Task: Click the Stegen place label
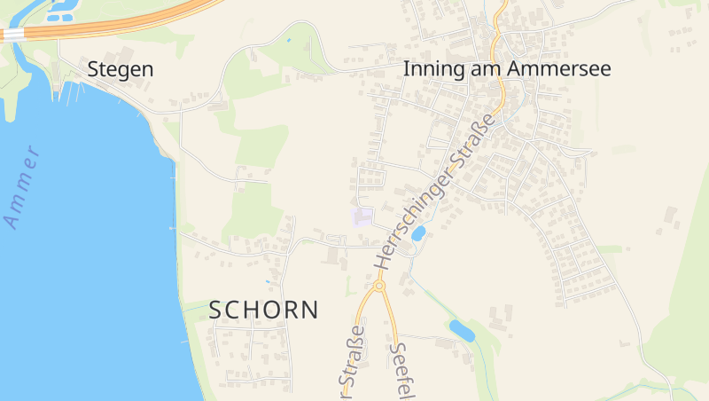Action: pyautogui.click(x=121, y=69)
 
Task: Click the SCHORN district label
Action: pyautogui.click(x=263, y=310)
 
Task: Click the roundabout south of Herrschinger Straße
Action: pyautogui.click(x=379, y=286)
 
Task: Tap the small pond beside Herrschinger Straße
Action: pyautogui.click(x=417, y=234)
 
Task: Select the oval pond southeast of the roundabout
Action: pyautogui.click(x=462, y=331)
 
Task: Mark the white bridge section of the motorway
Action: pyautogui.click(x=12, y=34)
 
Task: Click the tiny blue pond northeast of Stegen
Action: pyautogui.click(x=288, y=41)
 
